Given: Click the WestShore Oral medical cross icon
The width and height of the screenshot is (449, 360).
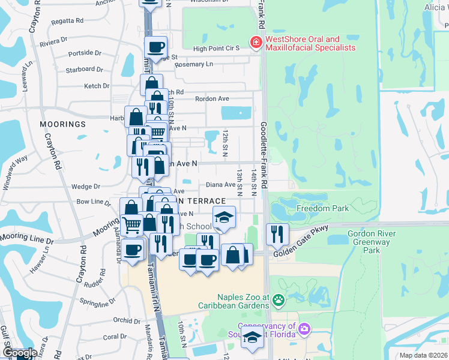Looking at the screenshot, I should tap(256, 42).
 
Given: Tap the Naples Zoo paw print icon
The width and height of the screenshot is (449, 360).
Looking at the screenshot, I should tap(278, 299).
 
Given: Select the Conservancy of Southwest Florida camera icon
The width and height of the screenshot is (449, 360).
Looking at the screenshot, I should tap(304, 329).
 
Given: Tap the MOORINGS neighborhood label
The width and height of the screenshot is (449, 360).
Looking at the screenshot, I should tap(63, 124).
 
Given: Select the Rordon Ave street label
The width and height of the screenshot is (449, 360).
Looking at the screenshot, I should tap(212, 99).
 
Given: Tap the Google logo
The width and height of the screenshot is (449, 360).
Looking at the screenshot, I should tap(20, 352).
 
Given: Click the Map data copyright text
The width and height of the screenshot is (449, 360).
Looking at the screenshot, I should tap(423, 355).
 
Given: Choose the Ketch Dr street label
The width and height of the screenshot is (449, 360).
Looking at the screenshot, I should tap(97, 86).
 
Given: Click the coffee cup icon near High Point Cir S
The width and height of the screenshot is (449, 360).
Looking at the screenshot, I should tap(155, 47).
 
